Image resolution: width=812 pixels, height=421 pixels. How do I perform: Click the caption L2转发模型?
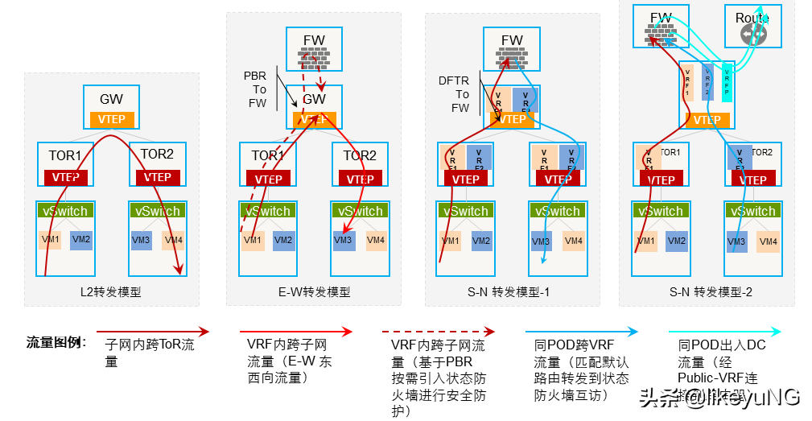112,292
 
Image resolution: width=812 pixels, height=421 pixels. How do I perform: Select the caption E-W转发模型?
314,292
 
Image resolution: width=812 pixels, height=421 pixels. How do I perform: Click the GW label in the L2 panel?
111,100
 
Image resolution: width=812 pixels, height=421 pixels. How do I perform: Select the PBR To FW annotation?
255,89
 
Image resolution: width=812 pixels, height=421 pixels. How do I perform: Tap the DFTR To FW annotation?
454,94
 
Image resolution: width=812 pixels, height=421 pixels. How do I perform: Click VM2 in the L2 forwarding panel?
80,239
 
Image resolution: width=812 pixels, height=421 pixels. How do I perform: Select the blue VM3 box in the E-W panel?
344,240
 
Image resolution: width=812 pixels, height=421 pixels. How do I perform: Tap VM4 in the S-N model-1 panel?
573,241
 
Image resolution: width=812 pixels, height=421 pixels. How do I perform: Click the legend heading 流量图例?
56,343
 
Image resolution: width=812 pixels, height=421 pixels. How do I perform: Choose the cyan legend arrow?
724,332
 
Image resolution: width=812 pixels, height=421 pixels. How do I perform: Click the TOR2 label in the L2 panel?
157,154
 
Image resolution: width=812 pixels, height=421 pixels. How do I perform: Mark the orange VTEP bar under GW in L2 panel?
111,119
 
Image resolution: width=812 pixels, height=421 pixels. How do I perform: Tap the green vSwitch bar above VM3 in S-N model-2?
753,211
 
